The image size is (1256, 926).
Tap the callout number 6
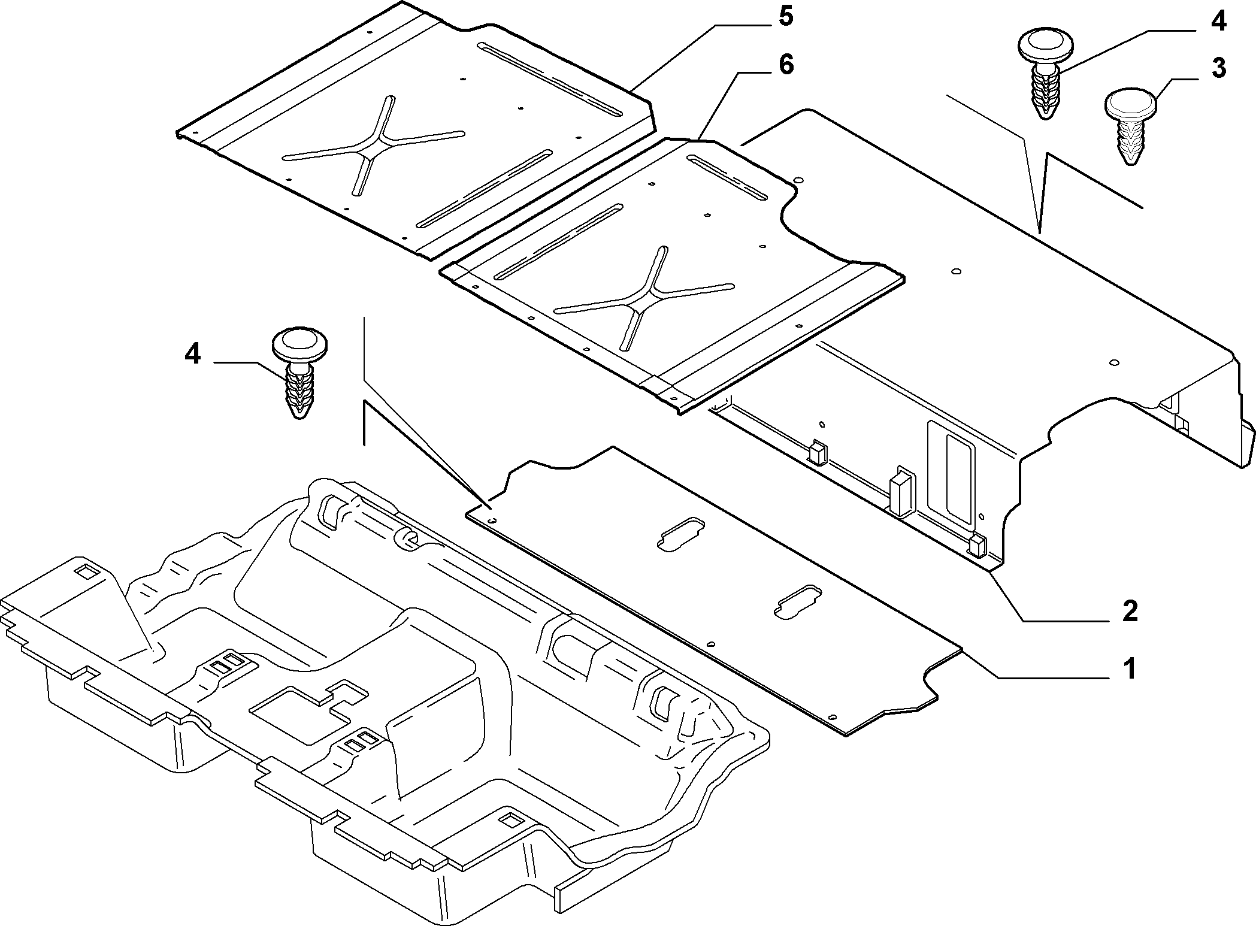click(785, 64)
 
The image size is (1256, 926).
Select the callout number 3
click(1218, 69)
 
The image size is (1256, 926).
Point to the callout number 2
click(1130, 612)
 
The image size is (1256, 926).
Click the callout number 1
click(1130, 668)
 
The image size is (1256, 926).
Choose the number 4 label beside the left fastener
click(192, 355)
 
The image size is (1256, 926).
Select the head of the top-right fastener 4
click(1046, 45)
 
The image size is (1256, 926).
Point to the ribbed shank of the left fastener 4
click(300, 391)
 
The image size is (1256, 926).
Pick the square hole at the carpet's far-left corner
click(87, 571)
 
